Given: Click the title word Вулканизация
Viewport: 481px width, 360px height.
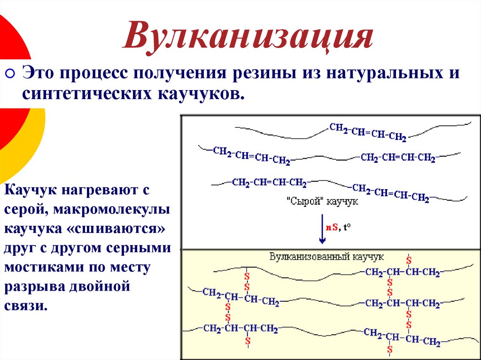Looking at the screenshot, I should (x=248, y=38).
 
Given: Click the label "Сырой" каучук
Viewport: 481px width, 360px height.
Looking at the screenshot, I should (x=322, y=201).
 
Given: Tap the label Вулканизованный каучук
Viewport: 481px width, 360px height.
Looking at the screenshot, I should (x=326, y=257).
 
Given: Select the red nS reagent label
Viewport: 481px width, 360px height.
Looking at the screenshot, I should (x=331, y=227).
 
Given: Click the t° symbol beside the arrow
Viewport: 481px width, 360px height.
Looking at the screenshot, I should (x=347, y=227).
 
